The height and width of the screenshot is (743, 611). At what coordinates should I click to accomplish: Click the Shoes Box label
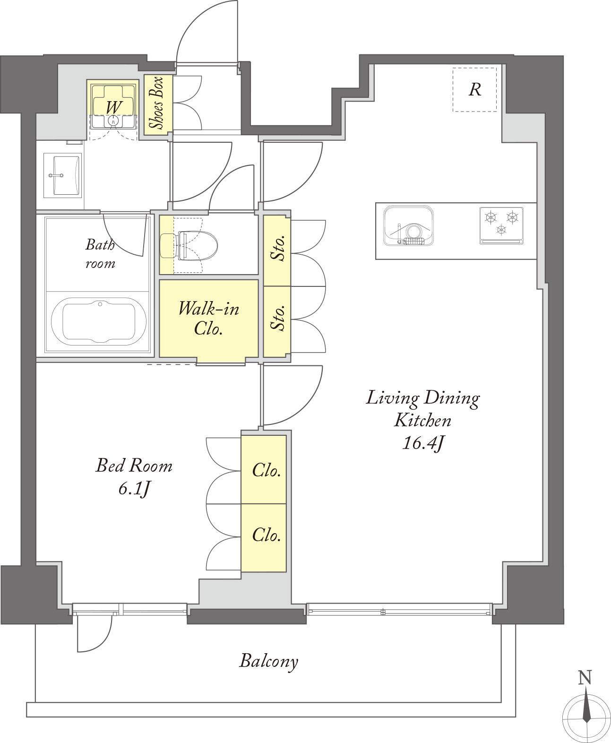point(156,103)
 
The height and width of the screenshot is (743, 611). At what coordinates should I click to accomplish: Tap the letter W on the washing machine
point(114,107)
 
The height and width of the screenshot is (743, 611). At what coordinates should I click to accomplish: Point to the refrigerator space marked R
point(475,89)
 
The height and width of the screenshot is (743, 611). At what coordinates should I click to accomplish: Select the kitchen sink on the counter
point(408,225)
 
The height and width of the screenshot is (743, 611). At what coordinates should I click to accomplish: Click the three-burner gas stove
point(501,225)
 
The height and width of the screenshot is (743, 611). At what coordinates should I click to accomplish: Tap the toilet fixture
point(189,245)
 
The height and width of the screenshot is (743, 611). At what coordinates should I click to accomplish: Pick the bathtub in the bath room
point(99,322)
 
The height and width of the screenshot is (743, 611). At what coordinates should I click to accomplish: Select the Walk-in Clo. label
point(208,318)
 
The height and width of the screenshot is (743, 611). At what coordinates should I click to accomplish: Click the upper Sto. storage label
point(278,248)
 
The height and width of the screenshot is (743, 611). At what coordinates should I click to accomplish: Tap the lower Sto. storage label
point(278,318)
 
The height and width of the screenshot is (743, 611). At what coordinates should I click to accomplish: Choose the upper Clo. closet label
point(266,470)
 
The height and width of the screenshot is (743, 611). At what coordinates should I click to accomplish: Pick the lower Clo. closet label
point(266,535)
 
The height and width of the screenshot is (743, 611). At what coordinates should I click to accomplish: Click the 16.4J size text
point(422,443)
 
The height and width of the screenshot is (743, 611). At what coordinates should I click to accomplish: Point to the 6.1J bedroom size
point(134,489)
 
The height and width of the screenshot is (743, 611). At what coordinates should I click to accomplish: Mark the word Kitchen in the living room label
point(422,421)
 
